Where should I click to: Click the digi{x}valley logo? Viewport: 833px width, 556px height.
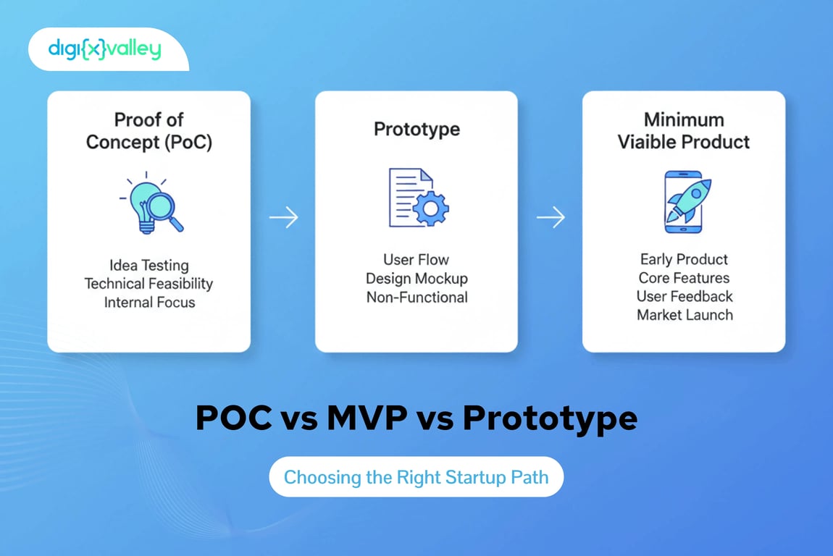[104, 49]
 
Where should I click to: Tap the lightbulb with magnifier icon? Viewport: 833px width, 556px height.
[151, 203]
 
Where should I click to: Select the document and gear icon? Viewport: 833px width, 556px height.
[418, 198]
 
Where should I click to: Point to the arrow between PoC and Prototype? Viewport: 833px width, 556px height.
[283, 217]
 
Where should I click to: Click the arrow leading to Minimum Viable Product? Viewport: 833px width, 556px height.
[551, 217]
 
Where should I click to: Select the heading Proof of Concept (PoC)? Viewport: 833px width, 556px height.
[149, 130]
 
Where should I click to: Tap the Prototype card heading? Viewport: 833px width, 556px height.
[416, 130]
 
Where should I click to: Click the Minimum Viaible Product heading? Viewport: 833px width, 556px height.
[684, 130]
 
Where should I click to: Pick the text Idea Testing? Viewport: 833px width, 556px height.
[149, 265]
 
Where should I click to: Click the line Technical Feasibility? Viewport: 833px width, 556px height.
[149, 284]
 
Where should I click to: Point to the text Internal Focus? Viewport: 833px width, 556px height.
[149, 303]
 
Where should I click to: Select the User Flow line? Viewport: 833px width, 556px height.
[416, 259]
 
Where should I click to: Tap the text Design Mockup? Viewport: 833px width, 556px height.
[416, 278]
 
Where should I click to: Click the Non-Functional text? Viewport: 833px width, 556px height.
[416, 297]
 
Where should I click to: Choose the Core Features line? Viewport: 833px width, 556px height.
[684, 278]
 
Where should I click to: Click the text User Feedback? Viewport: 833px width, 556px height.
[685, 296]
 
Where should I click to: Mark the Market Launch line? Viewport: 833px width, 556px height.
[685, 315]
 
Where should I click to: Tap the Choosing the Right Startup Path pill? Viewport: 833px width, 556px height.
[416, 477]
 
